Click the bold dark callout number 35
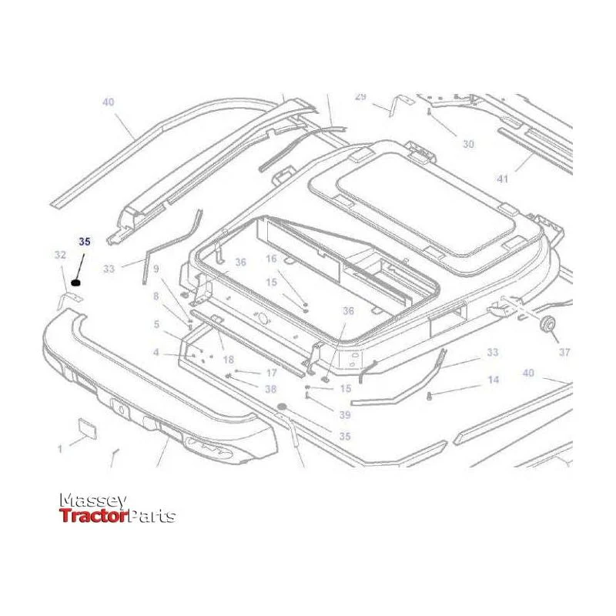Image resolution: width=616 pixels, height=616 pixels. click(x=85, y=242)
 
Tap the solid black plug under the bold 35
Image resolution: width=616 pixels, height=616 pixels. click(x=75, y=283)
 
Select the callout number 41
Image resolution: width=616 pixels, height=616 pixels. click(x=503, y=179)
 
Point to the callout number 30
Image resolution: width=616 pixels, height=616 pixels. click(x=468, y=144)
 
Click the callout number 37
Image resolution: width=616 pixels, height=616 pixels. click(x=564, y=352)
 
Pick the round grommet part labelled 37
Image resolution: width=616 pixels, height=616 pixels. click(x=548, y=323)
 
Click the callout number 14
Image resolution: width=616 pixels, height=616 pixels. click(x=494, y=380)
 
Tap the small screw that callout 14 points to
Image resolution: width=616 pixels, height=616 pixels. click(x=429, y=396)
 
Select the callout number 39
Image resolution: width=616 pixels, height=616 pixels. click(x=345, y=415)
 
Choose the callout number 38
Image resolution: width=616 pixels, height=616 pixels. click(x=271, y=389)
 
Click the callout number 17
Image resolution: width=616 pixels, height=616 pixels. click(x=272, y=373)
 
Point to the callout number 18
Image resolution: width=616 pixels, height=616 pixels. click(x=228, y=359)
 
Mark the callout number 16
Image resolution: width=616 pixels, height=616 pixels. click(x=271, y=259)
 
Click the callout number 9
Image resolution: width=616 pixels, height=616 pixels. click(x=156, y=269)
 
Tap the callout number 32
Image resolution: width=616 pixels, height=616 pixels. click(x=60, y=255)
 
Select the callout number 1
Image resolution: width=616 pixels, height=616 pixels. click(x=60, y=448)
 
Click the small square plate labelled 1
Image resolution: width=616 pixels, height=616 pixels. click(x=87, y=428)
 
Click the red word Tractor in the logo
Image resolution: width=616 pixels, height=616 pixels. click(x=93, y=515)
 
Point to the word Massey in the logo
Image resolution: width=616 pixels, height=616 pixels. click(x=93, y=501)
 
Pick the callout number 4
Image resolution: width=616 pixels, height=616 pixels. click(x=156, y=352)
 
